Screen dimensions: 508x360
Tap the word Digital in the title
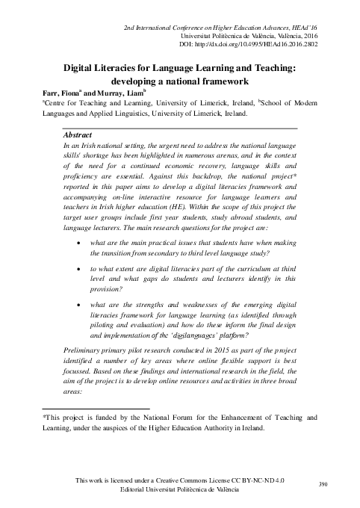point(81,68)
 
